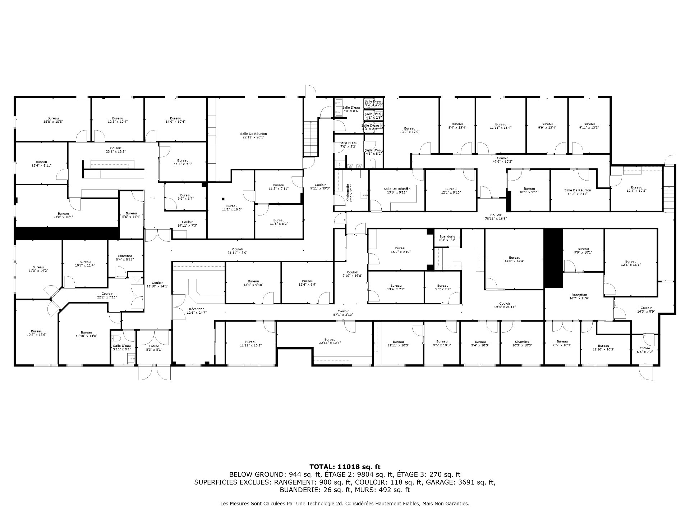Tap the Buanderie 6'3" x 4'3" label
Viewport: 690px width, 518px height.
pos(447,238)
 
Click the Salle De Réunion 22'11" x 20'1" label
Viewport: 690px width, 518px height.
pos(253,135)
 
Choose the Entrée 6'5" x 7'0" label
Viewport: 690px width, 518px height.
pos(645,350)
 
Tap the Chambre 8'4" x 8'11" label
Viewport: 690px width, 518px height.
pos(125,258)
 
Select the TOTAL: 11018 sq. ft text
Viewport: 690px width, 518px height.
pos(345,467)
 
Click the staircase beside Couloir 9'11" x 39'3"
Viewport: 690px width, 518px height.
pos(311,137)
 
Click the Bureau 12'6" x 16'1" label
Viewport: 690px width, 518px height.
pos(630,263)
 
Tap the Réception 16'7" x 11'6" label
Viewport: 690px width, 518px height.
pos(579,296)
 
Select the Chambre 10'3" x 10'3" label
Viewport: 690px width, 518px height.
pos(522,344)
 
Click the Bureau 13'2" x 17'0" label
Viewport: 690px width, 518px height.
pos(409,130)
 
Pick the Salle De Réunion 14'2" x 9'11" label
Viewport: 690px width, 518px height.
pos(577,192)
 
